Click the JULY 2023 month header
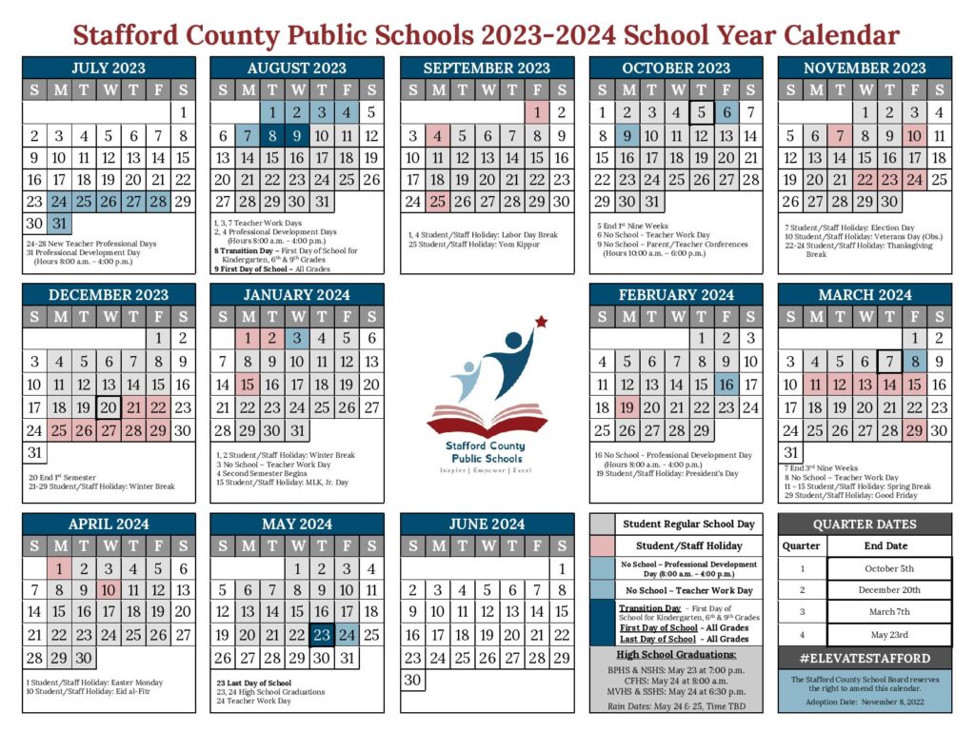click(x=109, y=68)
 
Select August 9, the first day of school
click(x=297, y=135)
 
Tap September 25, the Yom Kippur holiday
click(x=438, y=201)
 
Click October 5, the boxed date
click(x=701, y=112)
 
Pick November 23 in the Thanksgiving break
click(x=889, y=179)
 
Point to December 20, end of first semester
click(x=109, y=407)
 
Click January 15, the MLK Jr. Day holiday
click(x=248, y=385)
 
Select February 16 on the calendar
click(x=726, y=385)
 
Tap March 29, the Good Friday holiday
click(x=914, y=430)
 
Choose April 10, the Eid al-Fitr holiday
click(x=109, y=590)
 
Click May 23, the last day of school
click(x=322, y=635)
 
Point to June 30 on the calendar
click(x=413, y=680)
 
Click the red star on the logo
click(x=542, y=322)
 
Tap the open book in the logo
click(x=487, y=420)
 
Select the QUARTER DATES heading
click(x=865, y=524)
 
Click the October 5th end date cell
click(x=888, y=568)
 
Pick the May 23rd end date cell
click(x=888, y=635)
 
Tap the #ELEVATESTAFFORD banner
click(x=865, y=658)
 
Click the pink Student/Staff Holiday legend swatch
click(x=603, y=545)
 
